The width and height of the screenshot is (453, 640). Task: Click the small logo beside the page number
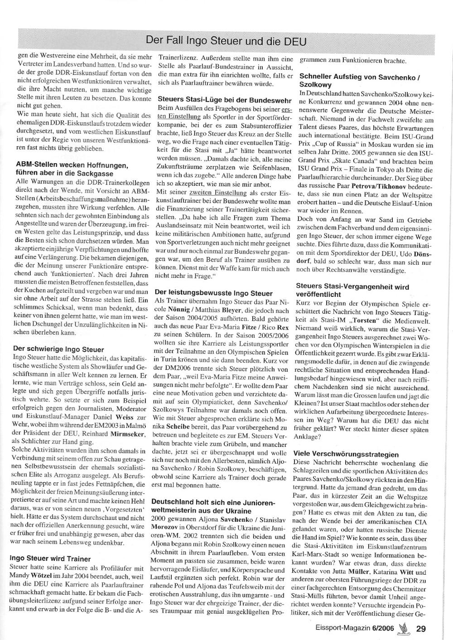pyautogui.click(x=402, y=627)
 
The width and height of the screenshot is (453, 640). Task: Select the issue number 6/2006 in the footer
pyautogui.click(x=383, y=628)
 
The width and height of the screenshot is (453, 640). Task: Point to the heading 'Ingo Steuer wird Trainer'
pyautogui.click(x=50, y=559)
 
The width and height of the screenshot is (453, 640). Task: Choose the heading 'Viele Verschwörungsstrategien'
pyautogui.click(x=346, y=454)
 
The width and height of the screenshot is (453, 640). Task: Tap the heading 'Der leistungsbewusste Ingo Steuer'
pyautogui.click(x=214, y=293)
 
